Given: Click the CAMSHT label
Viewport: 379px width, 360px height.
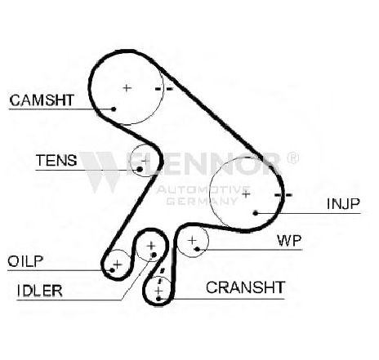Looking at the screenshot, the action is point(42,100).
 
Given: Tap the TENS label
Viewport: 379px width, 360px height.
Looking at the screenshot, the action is point(56,160).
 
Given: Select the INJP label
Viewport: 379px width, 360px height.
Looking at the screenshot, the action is point(343,204).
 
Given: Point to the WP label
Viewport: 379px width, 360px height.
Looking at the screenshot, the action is point(289,241).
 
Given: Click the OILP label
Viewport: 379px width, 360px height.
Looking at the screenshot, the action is point(25,261).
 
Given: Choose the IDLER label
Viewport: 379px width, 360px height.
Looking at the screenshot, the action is point(40,291).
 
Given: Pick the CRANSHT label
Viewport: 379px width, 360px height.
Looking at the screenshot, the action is point(245,287).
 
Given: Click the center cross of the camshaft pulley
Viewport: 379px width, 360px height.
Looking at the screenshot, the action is point(127,88).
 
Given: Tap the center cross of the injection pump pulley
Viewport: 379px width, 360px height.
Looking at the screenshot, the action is point(246,194).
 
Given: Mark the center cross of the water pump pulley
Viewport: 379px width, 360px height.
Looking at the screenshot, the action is point(192,240).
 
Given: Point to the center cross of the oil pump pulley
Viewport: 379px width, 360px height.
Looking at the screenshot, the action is point(118,264).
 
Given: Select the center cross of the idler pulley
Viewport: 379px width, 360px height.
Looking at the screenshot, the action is point(151,246).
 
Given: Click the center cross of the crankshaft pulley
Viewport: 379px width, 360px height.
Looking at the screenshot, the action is point(158,291).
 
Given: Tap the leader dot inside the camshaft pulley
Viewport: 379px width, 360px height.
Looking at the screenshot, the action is point(114,109).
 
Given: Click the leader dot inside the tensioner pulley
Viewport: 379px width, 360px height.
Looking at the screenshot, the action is point(140,169).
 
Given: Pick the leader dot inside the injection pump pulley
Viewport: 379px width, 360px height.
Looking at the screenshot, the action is point(256,213).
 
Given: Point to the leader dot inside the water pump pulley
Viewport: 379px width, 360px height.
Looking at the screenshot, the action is point(198,249).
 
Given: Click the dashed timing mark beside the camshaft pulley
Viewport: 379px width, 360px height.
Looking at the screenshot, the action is point(164,89).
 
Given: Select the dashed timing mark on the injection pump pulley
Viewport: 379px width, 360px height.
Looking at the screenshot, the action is point(283,195).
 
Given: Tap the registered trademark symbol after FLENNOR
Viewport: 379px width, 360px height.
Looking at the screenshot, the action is point(292,158).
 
